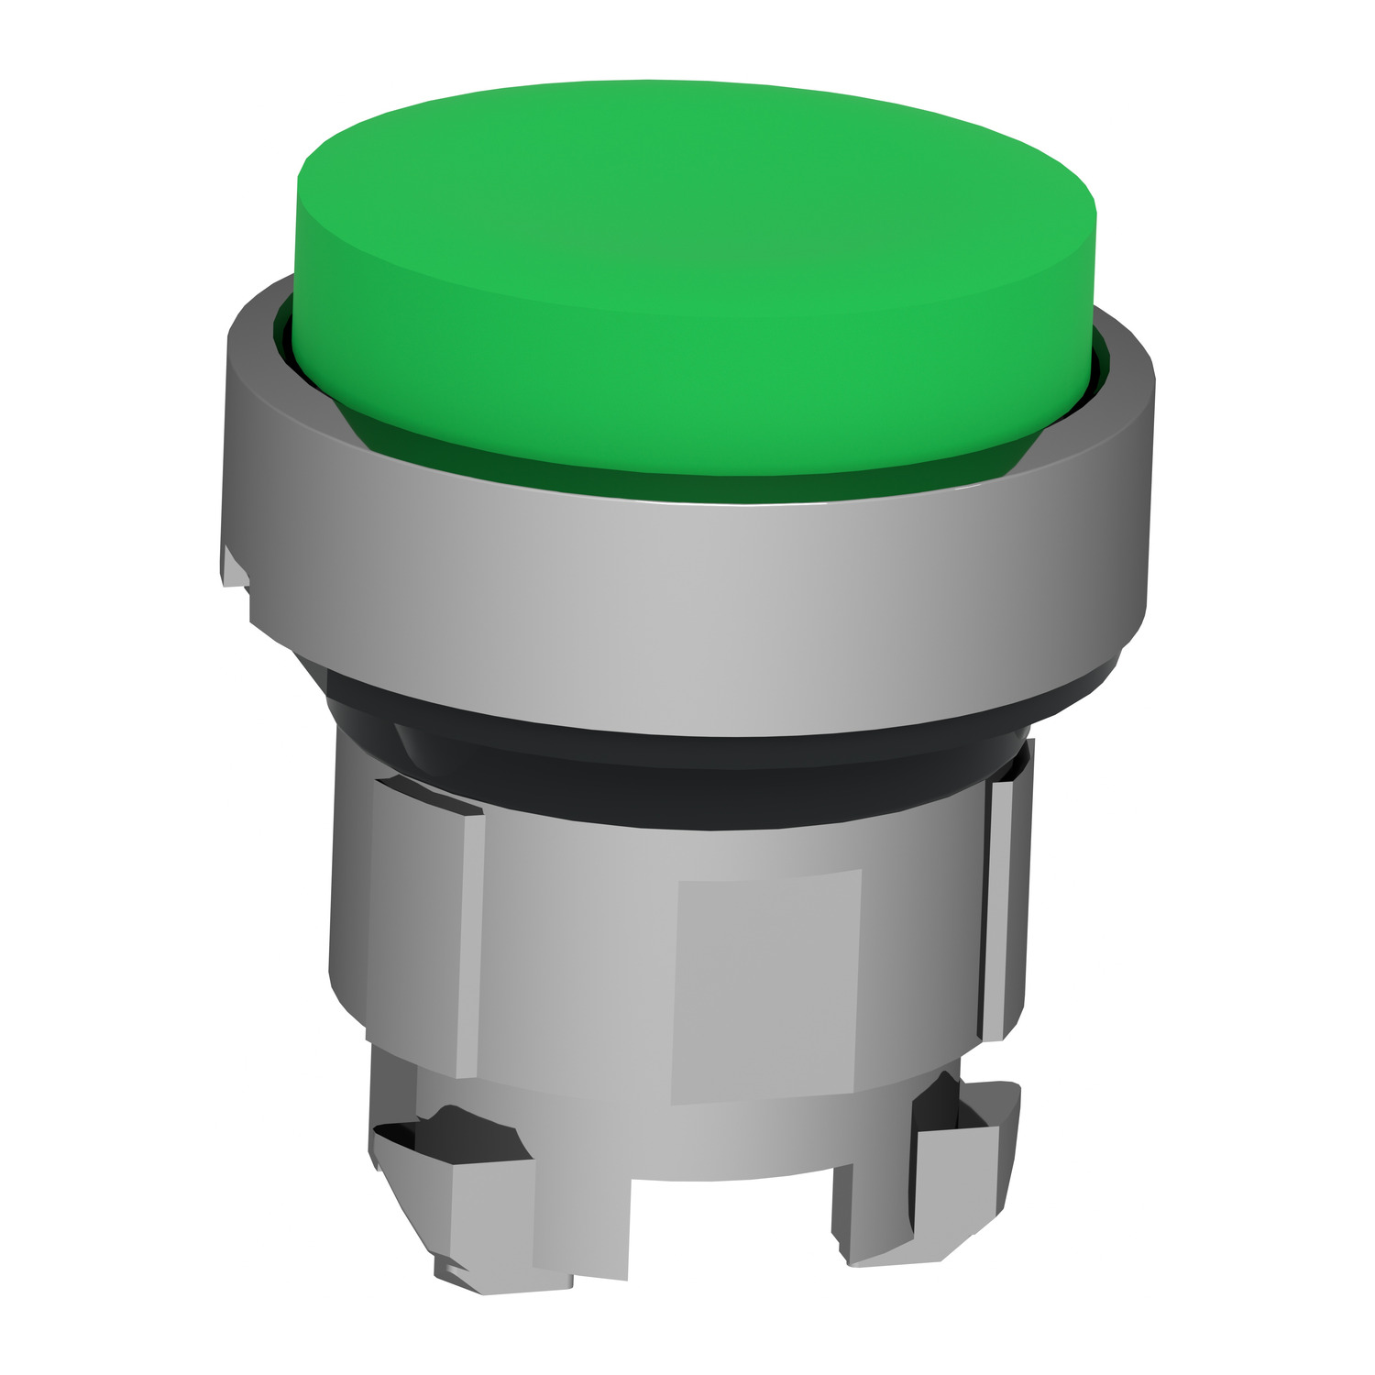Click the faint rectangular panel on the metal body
tap(765, 985)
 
